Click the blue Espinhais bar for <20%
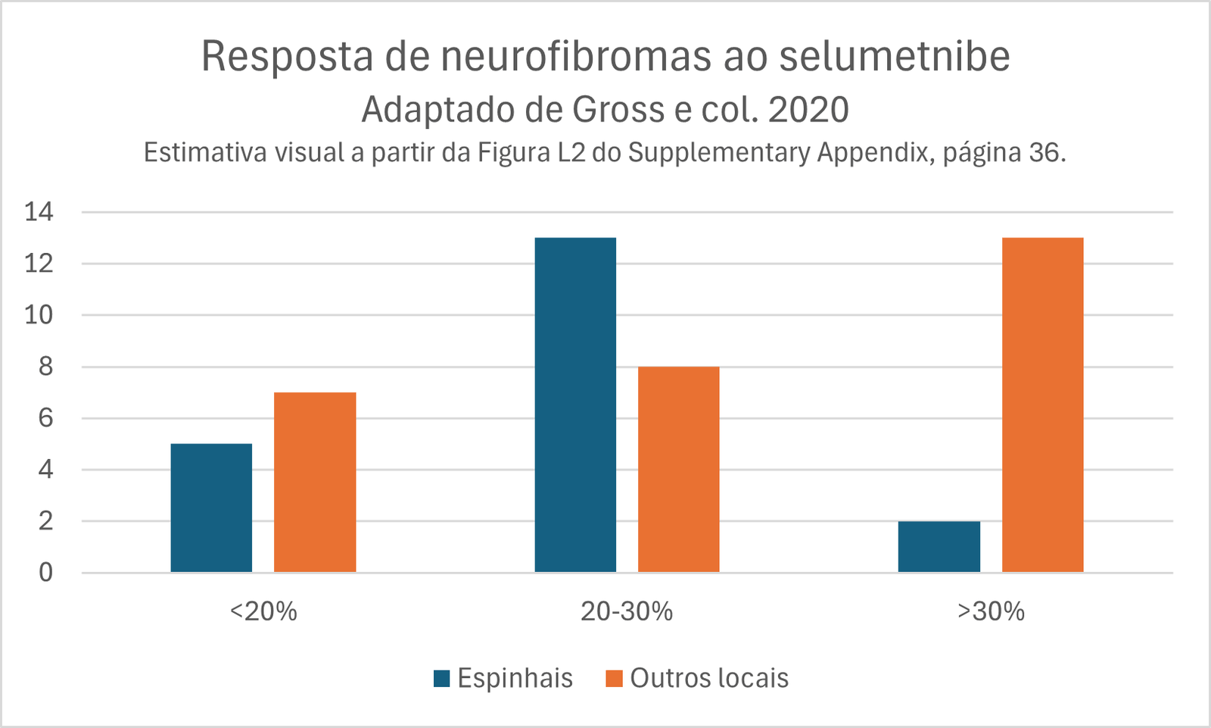point(211,508)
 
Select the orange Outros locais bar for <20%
point(315,482)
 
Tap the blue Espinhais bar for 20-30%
point(575,405)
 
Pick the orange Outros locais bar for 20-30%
point(679,469)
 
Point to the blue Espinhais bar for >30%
point(939,546)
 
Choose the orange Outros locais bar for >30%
point(1042,405)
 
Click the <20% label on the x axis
point(263,611)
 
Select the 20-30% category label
point(627,611)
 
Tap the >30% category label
point(991,611)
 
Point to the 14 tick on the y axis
point(39,212)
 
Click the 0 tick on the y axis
point(46,573)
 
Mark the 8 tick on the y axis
point(46,367)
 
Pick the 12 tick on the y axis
point(39,264)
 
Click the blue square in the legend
point(442,678)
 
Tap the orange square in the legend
point(614,678)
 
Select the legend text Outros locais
point(709,678)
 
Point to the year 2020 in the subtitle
point(808,110)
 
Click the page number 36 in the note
point(1045,153)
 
